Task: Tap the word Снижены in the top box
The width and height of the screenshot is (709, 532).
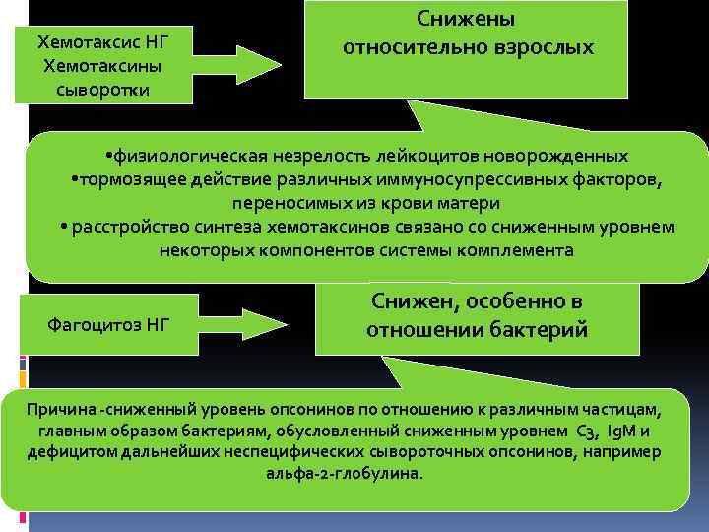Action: [466, 19]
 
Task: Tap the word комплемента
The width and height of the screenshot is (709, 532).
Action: [512, 250]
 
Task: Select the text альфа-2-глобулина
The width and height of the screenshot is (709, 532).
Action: [344, 474]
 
